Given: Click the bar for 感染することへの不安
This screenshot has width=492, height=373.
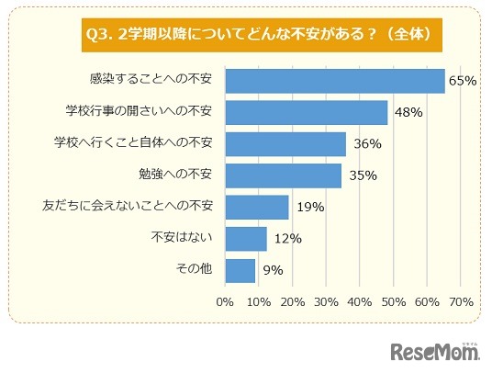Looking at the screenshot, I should coord(335,81).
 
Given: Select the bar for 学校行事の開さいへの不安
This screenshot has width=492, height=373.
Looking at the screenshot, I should coord(306,112).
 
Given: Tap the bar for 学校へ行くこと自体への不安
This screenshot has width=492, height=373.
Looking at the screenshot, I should coord(285,144).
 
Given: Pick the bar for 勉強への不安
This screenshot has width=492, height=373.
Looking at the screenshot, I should coord(284,175).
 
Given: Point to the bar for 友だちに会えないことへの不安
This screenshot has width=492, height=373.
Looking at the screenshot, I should coord(257,207).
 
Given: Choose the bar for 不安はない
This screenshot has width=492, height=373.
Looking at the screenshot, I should coord(245,239).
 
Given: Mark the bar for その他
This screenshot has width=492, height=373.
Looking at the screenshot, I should coord(240,270).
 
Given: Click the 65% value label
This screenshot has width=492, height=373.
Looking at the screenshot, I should coord(462,82).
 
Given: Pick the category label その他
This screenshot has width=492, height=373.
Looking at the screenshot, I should coord(196,270).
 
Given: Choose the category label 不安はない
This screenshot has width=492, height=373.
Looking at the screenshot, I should coord(188,239).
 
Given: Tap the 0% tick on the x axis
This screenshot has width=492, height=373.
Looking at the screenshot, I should coord(225,301).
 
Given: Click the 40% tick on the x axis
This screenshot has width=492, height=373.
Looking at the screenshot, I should coord(360,301).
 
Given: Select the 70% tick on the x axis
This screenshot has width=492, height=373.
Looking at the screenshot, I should coord(461,301).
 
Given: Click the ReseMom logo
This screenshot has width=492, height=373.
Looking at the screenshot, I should coord(434,352).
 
